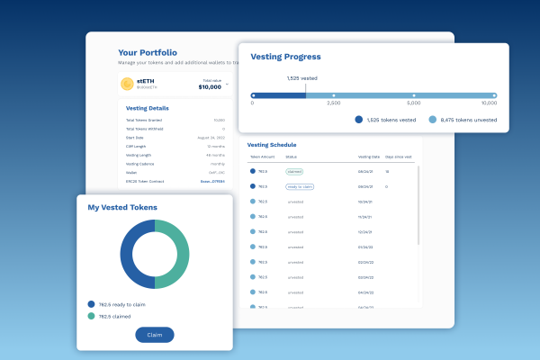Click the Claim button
pos(155,335)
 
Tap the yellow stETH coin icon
pos(127,84)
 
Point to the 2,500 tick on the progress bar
pos(333,94)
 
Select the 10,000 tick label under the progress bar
pos(489,103)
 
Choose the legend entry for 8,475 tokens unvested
pos(462,119)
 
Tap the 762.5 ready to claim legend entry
pos(124,304)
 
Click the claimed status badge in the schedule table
pos(294,170)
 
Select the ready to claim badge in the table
pos(299,186)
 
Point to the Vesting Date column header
pos(370,157)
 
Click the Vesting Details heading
pos(147,108)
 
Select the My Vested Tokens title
pos(122,208)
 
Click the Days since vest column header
pos(400,157)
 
